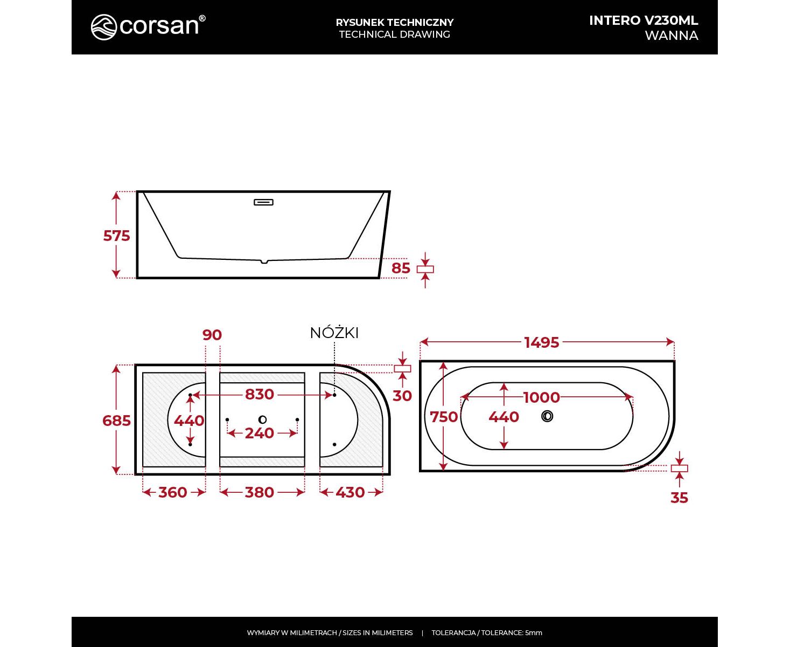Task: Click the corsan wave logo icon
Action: pyautogui.click(x=104, y=27)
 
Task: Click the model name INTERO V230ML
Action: pyautogui.click(x=643, y=20)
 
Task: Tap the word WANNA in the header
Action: pyautogui.click(x=671, y=36)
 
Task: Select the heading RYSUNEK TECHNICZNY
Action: pyautogui.click(x=394, y=23)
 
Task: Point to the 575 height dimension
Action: pyautogui.click(x=116, y=236)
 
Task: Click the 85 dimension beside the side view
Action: pyautogui.click(x=401, y=268)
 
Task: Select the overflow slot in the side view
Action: pyautogui.click(x=263, y=202)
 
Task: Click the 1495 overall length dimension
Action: pyautogui.click(x=542, y=342)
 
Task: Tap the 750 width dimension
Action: pyautogui.click(x=444, y=417)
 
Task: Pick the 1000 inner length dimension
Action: pyautogui.click(x=542, y=397)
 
